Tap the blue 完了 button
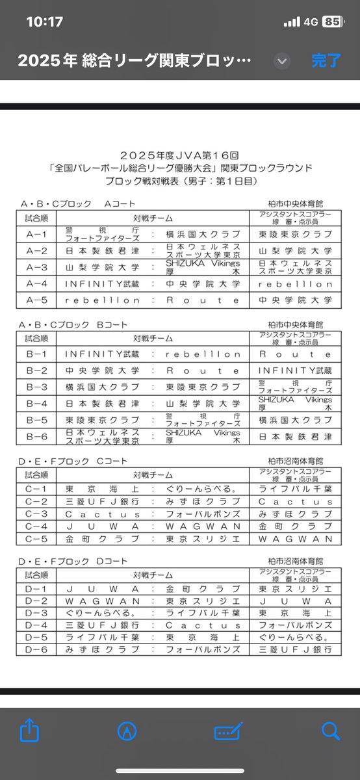(326, 61)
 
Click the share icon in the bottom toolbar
(30, 731)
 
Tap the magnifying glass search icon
(330, 731)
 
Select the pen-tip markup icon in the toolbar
(127, 731)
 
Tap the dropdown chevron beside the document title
(281, 61)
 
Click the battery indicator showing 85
(333, 21)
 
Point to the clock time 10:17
(44, 21)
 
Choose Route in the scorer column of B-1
(295, 354)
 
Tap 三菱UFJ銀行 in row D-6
(295, 650)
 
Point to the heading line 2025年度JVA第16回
(179, 156)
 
